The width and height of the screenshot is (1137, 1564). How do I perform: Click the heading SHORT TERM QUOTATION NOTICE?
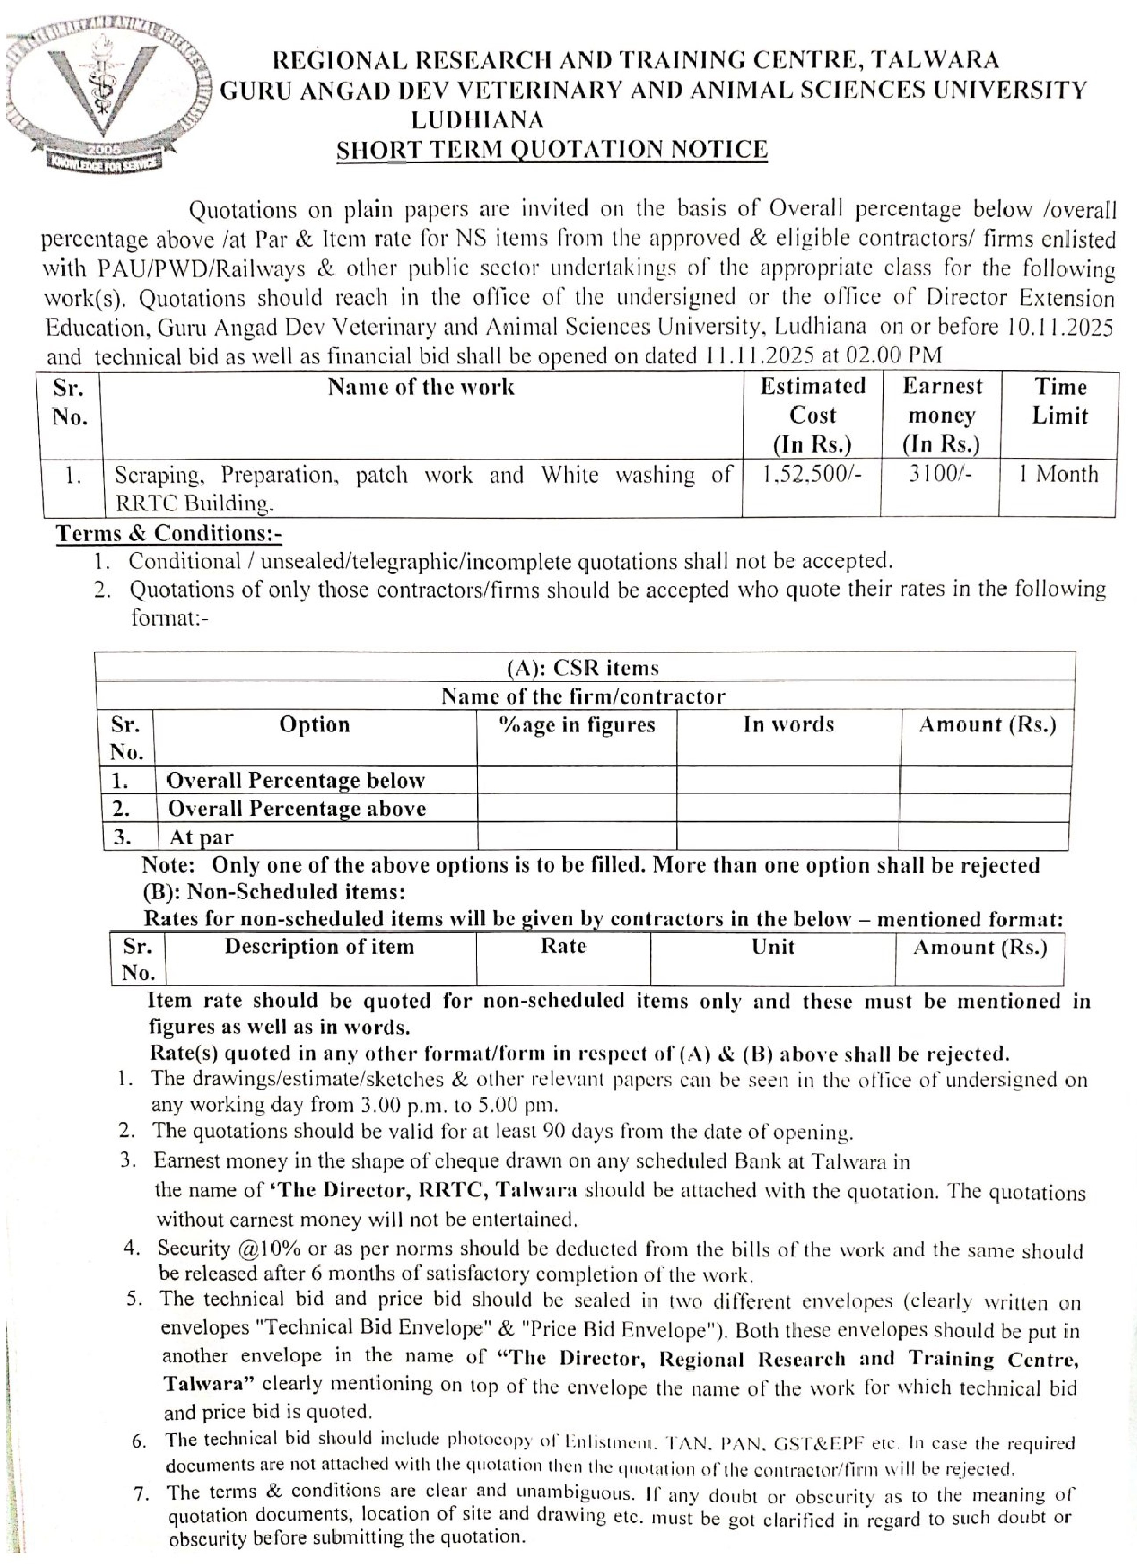552,150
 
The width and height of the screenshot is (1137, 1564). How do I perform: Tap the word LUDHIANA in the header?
477,120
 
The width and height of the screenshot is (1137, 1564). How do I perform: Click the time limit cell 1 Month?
1058,474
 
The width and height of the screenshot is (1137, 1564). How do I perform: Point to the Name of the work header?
421,387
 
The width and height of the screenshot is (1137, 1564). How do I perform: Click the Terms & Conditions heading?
169,533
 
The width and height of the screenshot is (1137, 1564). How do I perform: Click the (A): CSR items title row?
583,667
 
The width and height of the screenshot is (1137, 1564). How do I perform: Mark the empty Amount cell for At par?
984,836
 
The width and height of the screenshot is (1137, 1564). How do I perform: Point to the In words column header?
788,725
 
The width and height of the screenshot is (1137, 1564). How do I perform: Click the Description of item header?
319,947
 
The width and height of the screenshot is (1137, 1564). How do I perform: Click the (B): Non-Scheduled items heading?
274,892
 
